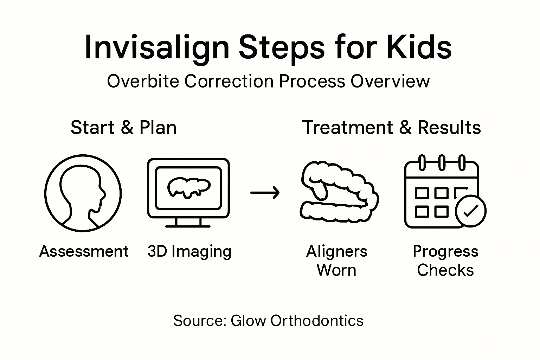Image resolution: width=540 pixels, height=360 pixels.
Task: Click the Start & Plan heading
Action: (123, 127)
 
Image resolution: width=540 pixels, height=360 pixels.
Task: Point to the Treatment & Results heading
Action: (391, 127)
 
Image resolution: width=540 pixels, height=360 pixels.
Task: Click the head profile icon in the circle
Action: (83, 193)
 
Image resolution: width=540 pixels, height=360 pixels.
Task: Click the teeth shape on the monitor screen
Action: (188, 186)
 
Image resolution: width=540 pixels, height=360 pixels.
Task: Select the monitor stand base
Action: (188, 226)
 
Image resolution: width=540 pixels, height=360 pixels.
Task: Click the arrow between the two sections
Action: (265, 193)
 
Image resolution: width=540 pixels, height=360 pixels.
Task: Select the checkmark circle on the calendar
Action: (470, 211)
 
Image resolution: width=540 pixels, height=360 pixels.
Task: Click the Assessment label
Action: (84, 251)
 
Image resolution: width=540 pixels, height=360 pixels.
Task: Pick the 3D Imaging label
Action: (189, 252)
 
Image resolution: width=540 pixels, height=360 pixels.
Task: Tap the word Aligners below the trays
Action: (336, 251)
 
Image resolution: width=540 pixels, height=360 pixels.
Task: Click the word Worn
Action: (336, 270)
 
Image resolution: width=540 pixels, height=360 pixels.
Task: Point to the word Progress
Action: (445, 251)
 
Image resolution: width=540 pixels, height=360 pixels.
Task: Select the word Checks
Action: (445, 270)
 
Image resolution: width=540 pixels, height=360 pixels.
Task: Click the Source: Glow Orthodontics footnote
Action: (268, 321)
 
